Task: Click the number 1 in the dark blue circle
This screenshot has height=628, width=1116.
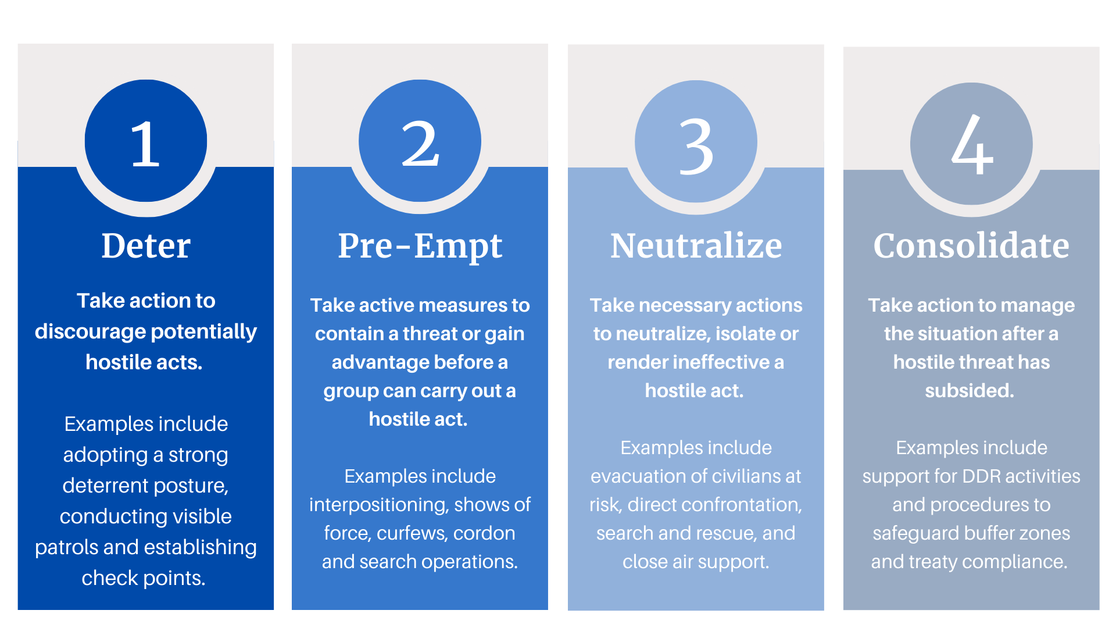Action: point(145,144)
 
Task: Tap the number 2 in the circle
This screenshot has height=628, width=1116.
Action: point(420,144)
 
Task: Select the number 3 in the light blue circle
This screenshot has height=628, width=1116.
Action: point(696,146)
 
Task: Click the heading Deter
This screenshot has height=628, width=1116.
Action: point(146,245)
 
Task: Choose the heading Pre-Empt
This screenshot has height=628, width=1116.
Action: point(420,247)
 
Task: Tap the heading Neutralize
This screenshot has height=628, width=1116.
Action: point(696,245)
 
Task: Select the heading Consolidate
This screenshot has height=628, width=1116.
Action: point(971,245)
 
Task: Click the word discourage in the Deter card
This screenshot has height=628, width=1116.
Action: point(90,332)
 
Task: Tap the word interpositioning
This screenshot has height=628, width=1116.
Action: point(378,505)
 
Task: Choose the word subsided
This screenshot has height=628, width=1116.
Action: point(970,391)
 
